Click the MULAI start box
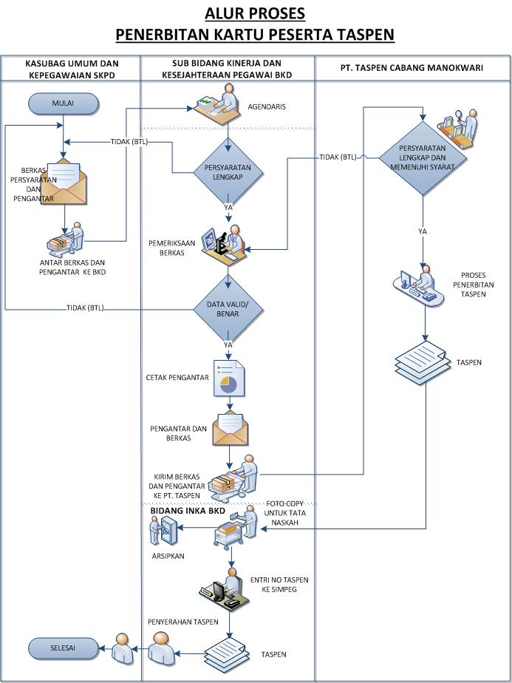(63, 103)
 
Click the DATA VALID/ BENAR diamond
(228, 308)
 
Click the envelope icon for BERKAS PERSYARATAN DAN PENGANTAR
(64, 182)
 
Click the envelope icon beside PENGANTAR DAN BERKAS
(230, 431)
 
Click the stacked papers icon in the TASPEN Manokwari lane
(422, 359)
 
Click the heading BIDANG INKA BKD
(188, 511)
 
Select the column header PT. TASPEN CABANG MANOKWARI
(412, 68)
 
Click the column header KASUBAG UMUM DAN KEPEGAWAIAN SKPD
(72, 69)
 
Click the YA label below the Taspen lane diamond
(423, 231)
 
